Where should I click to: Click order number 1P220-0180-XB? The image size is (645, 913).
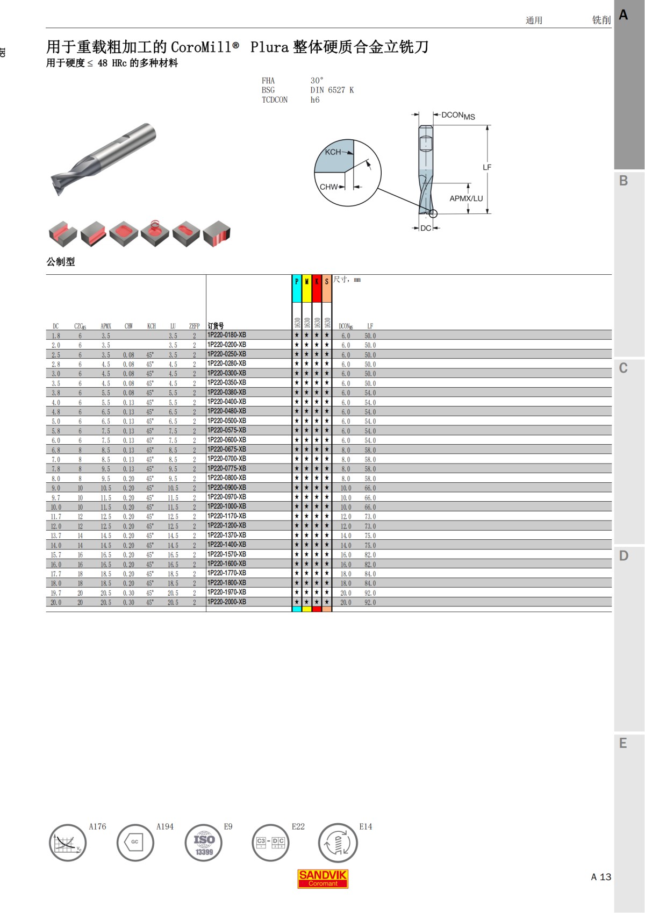pos(227,335)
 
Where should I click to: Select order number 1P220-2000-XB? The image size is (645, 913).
pos(227,602)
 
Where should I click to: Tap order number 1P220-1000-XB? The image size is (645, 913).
pos(227,507)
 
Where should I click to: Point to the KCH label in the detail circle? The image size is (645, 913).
pos(333,152)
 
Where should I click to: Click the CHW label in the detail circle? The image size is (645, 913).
pos(328,187)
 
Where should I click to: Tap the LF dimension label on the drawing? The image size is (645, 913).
pos(487,167)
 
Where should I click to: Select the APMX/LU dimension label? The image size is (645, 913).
pos(466,198)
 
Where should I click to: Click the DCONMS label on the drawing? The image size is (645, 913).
pos(458,116)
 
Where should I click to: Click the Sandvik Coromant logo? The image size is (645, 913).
pos(323,878)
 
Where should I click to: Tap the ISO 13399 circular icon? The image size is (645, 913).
pos(204,843)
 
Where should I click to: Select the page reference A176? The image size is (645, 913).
pos(97,826)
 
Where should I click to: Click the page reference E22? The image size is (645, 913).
pos(298,826)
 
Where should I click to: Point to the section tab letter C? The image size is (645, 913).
pos(623,368)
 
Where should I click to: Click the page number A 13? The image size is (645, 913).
pos(601,877)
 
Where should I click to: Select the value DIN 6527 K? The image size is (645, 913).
pos(332,90)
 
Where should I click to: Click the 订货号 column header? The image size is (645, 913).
pos(216,326)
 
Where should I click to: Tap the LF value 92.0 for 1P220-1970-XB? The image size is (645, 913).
pos(370,593)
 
